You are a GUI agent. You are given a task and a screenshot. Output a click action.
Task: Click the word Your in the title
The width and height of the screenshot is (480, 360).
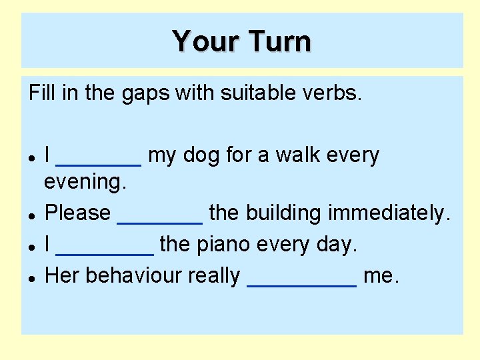coord(207,41)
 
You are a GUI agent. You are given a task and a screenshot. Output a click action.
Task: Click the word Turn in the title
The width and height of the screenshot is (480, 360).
coord(279,41)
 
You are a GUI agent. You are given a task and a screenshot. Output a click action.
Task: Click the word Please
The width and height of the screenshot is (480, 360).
coord(77,213)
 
